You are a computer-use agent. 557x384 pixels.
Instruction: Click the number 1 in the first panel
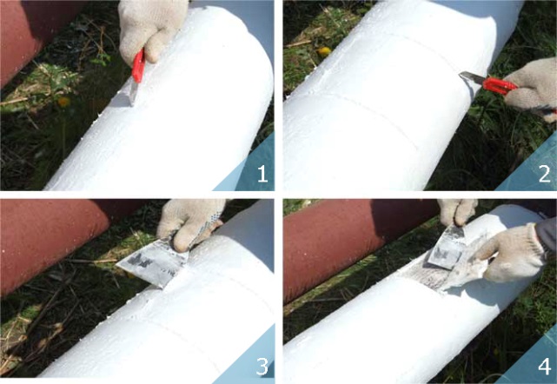pos(262,174)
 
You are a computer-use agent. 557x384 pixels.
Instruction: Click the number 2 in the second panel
pos(545,174)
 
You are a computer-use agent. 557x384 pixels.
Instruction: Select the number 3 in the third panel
pos(262,366)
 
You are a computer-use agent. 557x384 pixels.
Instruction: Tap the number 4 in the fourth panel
pos(545,366)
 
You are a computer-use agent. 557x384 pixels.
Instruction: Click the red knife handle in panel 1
pos(138,66)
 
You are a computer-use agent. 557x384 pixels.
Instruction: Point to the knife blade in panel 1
pos(133,93)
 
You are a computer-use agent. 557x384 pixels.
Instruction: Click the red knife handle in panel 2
pos(499,85)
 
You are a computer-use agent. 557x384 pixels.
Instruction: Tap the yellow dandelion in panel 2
pos(324,52)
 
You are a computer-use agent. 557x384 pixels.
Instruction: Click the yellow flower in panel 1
pos(64,102)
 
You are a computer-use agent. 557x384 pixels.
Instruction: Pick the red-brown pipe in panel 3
pos(53,242)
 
